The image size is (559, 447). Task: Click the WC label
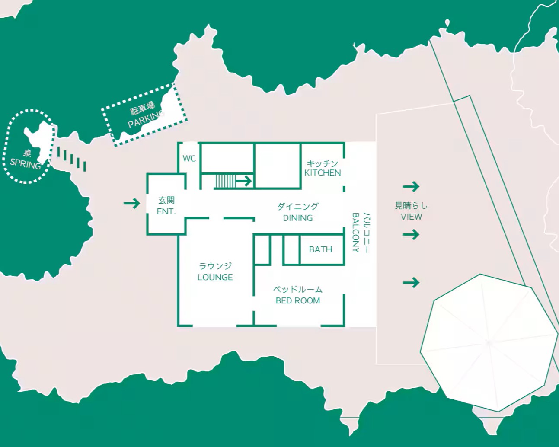(x=189, y=158)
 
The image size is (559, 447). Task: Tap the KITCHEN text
(x=323, y=173)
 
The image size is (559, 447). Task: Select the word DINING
(x=298, y=218)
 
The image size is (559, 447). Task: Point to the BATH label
(x=320, y=249)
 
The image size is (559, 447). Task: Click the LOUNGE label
(x=215, y=277)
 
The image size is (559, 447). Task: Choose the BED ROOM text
(x=298, y=300)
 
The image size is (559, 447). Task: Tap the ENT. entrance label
(x=166, y=211)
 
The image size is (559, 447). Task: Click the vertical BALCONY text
(x=356, y=233)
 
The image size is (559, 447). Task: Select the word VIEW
(x=412, y=217)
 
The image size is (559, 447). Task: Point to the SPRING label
(x=26, y=164)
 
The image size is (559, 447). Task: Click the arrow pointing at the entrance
(x=132, y=203)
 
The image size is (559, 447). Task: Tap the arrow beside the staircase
(x=244, y=181)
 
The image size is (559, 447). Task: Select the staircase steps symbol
(x=225, y=181)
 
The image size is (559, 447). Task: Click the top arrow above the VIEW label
(x=411, y=186)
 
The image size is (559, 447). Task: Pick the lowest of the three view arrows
(x=411, y=282)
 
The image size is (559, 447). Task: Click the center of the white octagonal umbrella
(x=489, y=343)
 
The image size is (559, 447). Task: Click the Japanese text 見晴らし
(x=411, y=206)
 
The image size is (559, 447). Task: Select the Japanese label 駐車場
(x=142, y=108)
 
